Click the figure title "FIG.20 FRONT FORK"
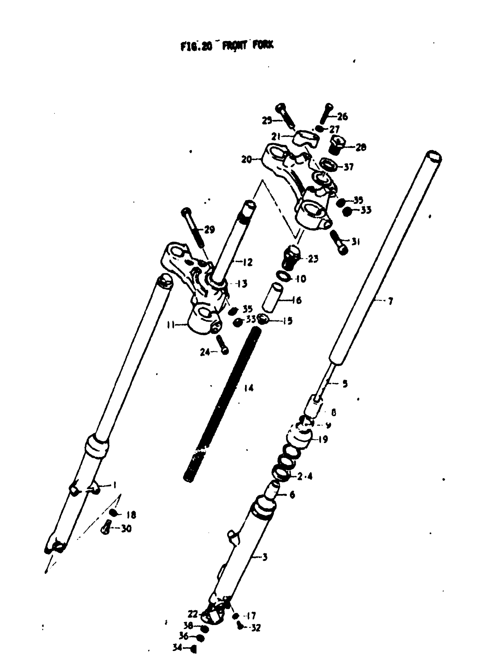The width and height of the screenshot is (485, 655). (227, 46)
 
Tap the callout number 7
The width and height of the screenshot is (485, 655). (390, 301)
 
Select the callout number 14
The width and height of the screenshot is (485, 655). (248, 388)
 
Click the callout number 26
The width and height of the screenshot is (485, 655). (342, 117)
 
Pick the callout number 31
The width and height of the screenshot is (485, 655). (355, 242)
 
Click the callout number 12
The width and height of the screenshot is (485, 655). (248, 262)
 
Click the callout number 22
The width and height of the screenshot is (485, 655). (193, 614)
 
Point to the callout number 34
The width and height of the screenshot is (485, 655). (177, 647)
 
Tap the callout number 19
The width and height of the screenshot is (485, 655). (323, 440)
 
